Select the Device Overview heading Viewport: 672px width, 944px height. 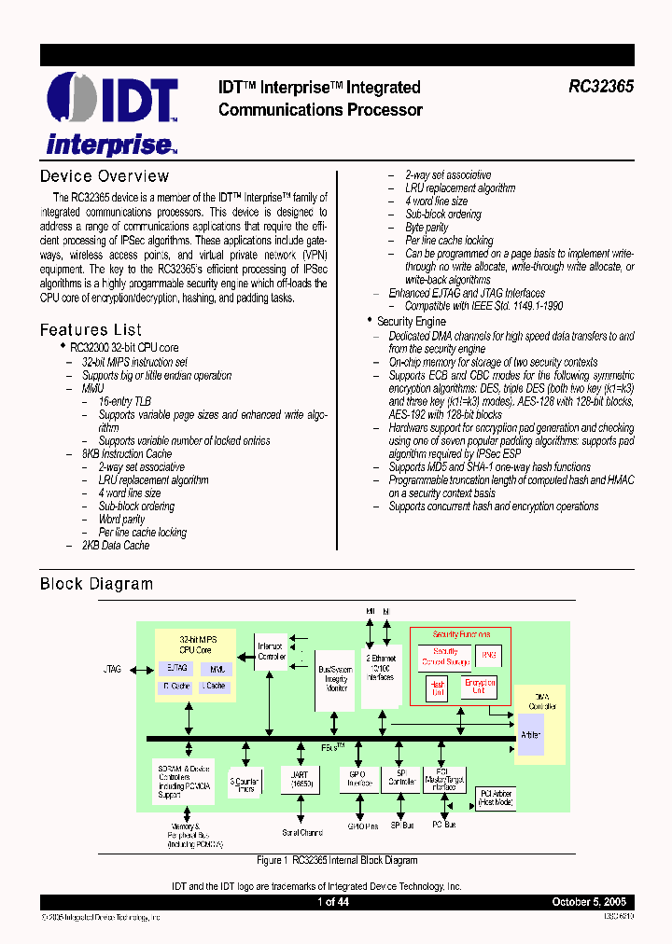click(105, 176)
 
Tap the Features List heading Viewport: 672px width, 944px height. click(91, 329)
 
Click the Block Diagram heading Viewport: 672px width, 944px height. click(96, 584)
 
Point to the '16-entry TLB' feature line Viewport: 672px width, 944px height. click(125, 401)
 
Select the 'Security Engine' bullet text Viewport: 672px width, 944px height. click(411, 321)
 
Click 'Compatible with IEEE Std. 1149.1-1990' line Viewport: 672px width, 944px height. click(483, 306)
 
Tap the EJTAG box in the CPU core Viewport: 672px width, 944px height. click(176, 668)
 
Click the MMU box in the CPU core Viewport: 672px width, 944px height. click(217, 668)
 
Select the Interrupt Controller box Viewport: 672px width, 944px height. click(272, 651)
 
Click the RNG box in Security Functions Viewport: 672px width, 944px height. click(489, 656)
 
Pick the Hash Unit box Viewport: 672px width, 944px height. click(437, 687)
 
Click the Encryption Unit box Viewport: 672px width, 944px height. click(479, 687)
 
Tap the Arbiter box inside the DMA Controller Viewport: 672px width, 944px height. click(530, 734)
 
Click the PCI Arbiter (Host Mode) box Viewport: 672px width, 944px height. click(495, 798)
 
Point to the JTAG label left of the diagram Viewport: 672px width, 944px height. click(112, 669)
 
